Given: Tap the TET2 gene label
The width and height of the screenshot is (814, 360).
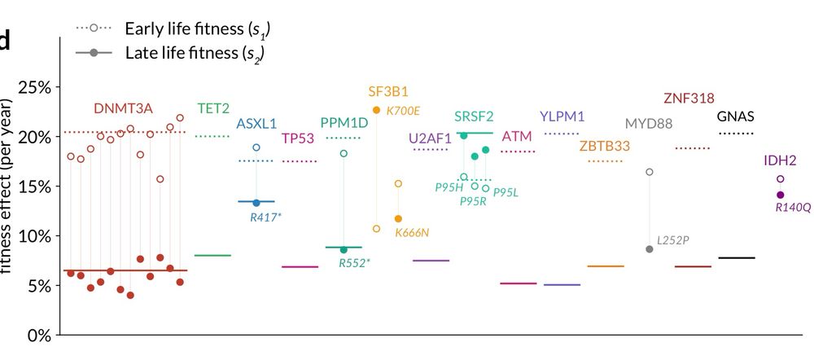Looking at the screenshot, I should [x=213, y=108].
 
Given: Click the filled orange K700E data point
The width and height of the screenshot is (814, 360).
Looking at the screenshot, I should [x=376, y=110].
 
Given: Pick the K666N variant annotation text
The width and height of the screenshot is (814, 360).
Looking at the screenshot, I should [x=412, y=233].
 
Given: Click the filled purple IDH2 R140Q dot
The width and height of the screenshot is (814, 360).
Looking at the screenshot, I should [x=781, y=195].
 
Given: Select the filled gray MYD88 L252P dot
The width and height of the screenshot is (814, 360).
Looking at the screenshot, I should [x=649, y=249].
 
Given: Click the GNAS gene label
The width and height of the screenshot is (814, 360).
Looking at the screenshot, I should [x=736, y=116].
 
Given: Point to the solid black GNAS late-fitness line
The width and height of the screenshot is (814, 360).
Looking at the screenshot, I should [x=737, y=257].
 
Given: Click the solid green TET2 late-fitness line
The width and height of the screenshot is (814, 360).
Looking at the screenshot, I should [x=213, y=255].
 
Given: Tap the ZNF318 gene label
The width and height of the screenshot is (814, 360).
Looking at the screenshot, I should [x=689, y=99].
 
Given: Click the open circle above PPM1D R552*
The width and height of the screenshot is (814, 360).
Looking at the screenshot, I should [x=344, y=153].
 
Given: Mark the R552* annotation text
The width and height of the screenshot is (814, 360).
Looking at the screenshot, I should [x=353, y=263].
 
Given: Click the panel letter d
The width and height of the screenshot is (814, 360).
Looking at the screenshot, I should [x=6, y=40].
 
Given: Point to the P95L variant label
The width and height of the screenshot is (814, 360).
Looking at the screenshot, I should [x=505, y=192].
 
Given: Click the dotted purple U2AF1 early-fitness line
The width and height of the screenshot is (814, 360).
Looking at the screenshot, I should [x=431, y=150].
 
